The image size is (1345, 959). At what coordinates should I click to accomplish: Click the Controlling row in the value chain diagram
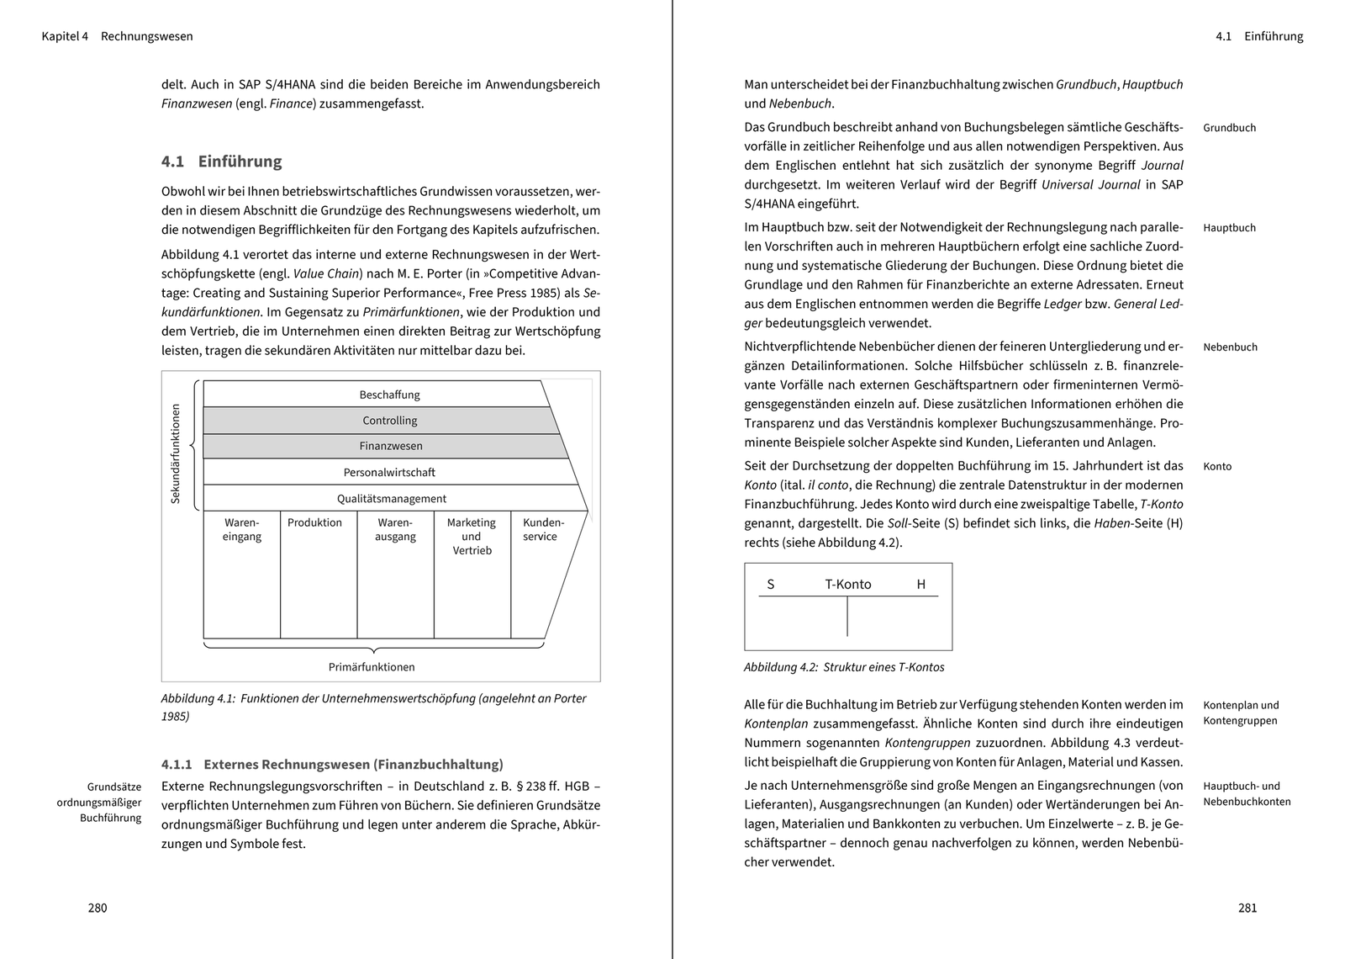point(389,421)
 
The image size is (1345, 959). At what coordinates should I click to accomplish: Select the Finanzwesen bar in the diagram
point(390,446)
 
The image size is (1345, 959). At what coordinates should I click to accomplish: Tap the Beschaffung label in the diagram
point(389,395)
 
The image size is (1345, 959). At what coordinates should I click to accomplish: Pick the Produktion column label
point(314,522)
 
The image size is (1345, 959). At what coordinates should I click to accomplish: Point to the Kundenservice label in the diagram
point(543,529)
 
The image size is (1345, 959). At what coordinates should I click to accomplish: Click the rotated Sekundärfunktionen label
point(176,454)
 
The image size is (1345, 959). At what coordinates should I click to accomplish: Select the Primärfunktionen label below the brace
point(372,667)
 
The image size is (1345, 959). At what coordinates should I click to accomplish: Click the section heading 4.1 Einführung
point(222,162)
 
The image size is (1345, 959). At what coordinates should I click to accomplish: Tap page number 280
point(98,908)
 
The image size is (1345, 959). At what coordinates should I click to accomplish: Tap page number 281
point(1247,908)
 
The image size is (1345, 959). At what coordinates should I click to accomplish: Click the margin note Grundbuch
point(1229,128)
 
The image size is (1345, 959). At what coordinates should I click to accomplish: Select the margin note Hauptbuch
point(1229,228)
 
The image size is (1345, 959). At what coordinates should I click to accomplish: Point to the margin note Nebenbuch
point(1230,347)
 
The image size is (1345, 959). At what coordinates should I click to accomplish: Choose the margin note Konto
point(1217,467)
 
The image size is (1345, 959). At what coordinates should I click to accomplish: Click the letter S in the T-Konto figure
point(771,585)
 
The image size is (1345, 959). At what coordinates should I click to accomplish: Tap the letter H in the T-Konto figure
point(920,585)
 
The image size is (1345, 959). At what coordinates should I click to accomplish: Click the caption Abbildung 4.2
point(844,667)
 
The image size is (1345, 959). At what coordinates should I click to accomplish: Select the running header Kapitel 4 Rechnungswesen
point(117,36)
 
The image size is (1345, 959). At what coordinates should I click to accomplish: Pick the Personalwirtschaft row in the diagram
point(389,473)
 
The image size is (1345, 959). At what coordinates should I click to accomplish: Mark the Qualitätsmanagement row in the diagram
point(392,499)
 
